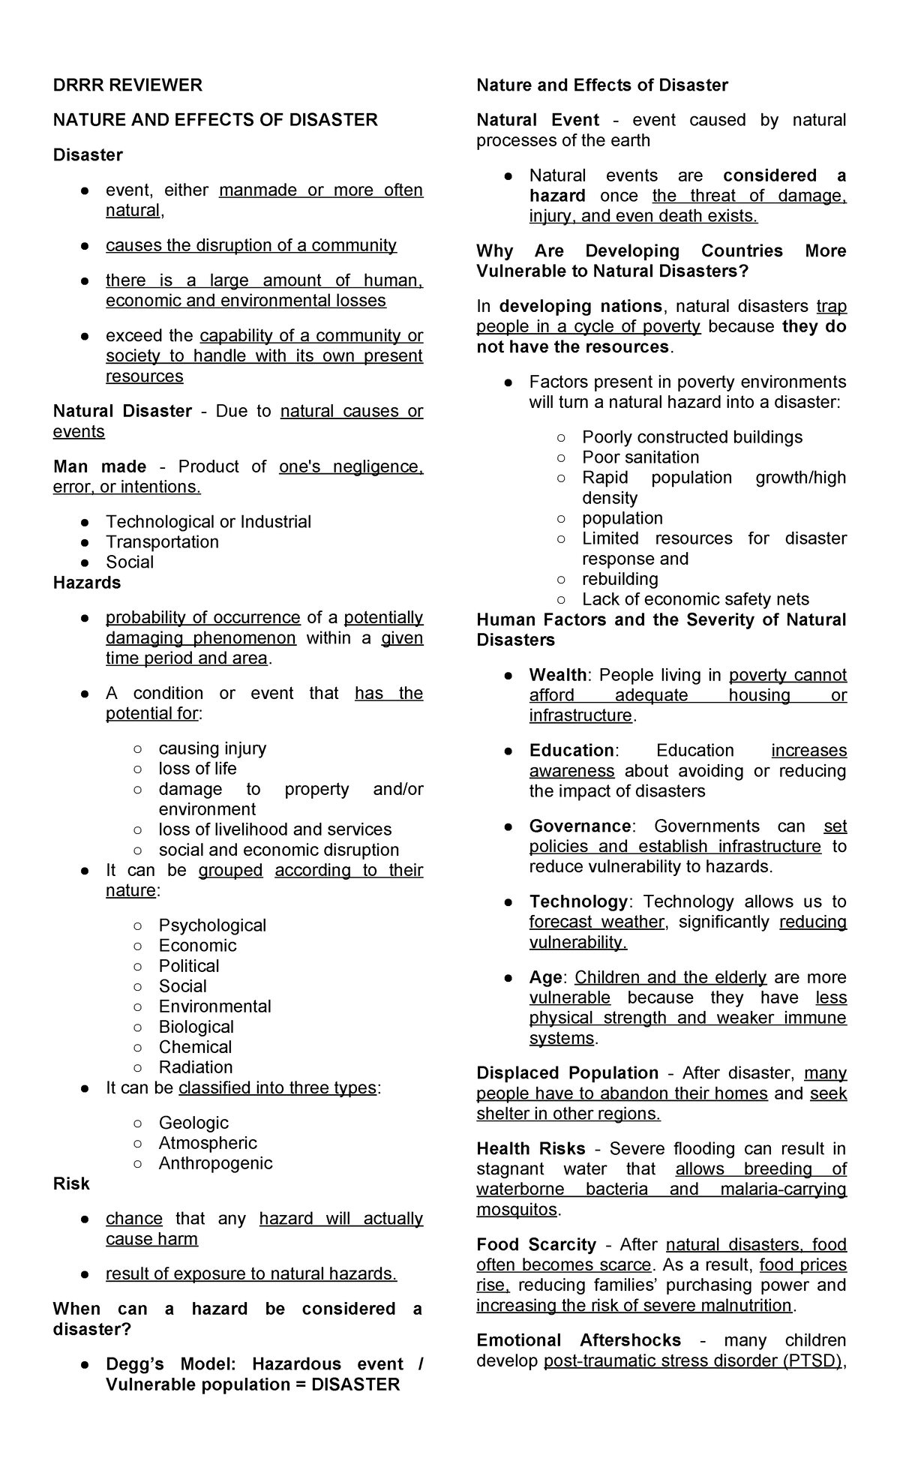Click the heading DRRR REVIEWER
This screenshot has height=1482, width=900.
[x=127, y=85]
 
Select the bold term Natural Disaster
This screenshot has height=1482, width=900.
[x=122, y=411]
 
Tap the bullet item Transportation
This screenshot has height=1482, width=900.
[x=162, y=542]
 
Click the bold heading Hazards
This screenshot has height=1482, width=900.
[x=87, y=583]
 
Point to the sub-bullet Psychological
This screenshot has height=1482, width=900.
[x=212, y=925]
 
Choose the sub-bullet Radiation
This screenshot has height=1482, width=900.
[x=195, y=1067]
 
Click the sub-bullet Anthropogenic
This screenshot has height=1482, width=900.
[x=215, y=1163]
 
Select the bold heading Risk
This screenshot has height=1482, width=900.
[x=71, y=1183]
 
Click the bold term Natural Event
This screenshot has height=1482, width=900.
[x=538, y=120]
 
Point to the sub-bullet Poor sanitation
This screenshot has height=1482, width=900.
[x=640, y=457]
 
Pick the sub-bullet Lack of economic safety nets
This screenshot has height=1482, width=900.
[x=695, y=599]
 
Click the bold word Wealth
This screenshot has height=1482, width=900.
[x=558, y=675]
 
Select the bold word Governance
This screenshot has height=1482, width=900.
[x=580, y=826]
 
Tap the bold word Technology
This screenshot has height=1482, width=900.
[x=577, y=902]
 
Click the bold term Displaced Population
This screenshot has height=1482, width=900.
[x=567, y=1073]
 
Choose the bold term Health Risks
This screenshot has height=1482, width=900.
[x=531, y=1149]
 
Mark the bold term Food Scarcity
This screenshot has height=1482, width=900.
[x=535, y=1245]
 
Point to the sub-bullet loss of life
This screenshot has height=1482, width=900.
[x=197, y=769]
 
